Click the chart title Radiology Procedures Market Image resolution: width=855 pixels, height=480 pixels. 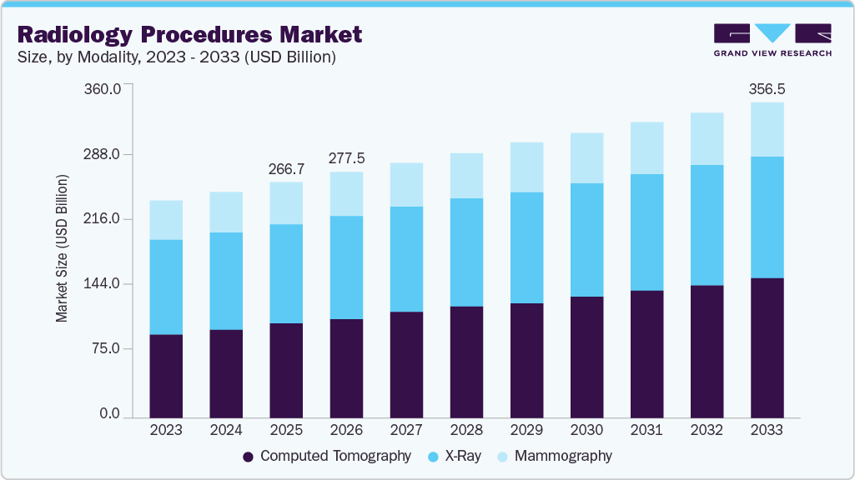click(189, 34)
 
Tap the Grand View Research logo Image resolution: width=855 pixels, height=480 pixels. click(772, 40)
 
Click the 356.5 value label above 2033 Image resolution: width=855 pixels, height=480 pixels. click(767, 88)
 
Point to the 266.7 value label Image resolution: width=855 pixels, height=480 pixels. click(286, 169)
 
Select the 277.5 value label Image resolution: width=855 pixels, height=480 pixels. click(346, 158)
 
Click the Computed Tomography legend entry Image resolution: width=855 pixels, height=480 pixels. click(327, 456)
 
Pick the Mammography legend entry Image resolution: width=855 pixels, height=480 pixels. click(555, 456)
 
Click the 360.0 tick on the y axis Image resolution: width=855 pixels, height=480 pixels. click(103, 89)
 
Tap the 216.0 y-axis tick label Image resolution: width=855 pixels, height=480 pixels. click(103, 220)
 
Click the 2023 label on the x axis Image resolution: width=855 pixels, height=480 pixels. click(166, 430)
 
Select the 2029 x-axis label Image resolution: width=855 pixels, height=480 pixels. click(526, 430)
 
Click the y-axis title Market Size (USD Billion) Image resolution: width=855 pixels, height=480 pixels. click(62, 249)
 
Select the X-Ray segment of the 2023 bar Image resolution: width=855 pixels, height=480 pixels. click(166, 287)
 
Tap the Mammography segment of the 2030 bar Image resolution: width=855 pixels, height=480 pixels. click(586, 157)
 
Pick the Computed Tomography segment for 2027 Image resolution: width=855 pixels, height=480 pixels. click(406, 364)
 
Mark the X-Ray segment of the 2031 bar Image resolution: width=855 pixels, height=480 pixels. click(646, 232)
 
